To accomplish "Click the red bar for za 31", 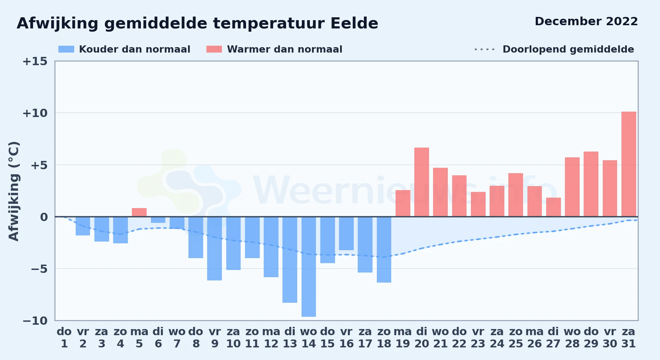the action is pyautogui.click(x=629, y=164).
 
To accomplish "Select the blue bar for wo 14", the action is pyautogui.click(x=309, y=267).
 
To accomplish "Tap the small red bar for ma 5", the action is pyautogui.click(x=139, y=212).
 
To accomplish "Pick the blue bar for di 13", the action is pyautogui.click(x=290, y=260).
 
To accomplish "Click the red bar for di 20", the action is pyautogui.click(x=422, y=182).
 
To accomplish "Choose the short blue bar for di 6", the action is pyautogui.click(x=158, y=220).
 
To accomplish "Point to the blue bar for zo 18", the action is pyautogui.click(x=384, y=249).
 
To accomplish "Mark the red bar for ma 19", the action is pyautogui.click(x=403, y=203).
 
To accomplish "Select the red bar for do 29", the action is pyautogui.click(x=591, y=184).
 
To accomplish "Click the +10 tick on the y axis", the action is pyautogui.click(x=35, y=113).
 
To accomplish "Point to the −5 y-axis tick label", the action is pyautogui.click(x=35, y=269).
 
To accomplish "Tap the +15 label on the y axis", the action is pyautogui.click(x=35, y=61).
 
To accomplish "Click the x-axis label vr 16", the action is pyautogui.click(x=346, y=338).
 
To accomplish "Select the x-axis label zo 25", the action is pyautogui.click(x=516, y=338).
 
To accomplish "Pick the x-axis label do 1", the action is pyautogui.click(x=64, y=338).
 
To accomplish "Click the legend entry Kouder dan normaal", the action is pyautogui.click(x=124, y=49).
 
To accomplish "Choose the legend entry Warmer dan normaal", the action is pyautogui.click(x=274, y=49).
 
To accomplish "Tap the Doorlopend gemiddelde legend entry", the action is pyautogui.click(x=554, y=49).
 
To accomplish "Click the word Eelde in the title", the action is pyautogui.click(x=354, y=23).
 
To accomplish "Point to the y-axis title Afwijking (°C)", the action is pyautogui.click(x=14, y=191).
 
